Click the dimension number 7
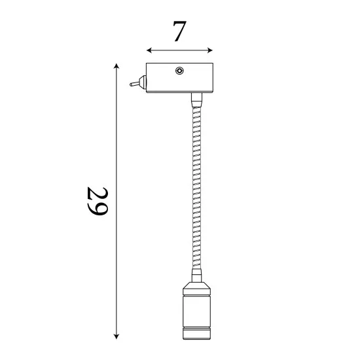coord(179,31)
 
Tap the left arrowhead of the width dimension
coord(149,50)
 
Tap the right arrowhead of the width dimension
coord(210,50)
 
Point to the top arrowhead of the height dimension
coord(117,66)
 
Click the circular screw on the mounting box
coord(179,71)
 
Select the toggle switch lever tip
coord(131,84)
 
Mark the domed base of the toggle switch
coord(141,83)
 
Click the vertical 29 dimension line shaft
coord(117,144)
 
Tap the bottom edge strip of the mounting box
coord(180,92)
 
